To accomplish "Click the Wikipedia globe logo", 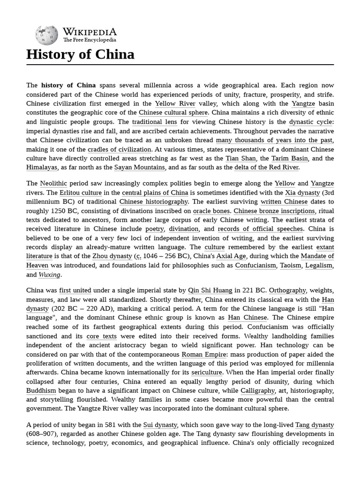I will click(46, 35).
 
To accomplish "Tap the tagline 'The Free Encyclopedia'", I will click(90, 40).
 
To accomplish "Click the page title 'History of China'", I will click(80, 54).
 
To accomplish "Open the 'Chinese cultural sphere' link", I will click(173, 112).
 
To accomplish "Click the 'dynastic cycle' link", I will click(311, 121).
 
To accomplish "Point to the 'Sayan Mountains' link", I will click(140, 167).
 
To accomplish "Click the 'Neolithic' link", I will click(54, 183).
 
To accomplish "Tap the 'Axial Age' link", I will click(232, 256).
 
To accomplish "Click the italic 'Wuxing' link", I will click(50, 274).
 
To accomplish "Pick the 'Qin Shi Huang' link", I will click(210, 290).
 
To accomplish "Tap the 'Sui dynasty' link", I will click(160, 425).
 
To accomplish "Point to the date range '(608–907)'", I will click(43, 434).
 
